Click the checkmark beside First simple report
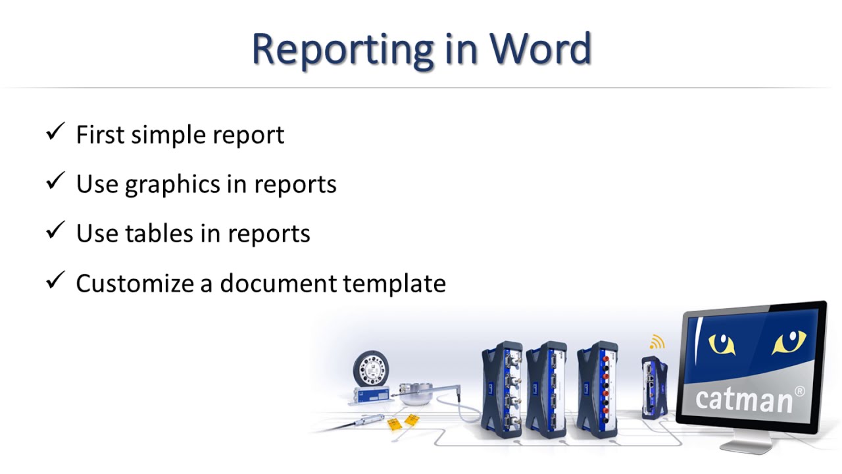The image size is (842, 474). pyautogui.click(x=55, y=133)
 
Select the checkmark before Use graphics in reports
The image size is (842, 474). pyautogui.click(x=55, y=182)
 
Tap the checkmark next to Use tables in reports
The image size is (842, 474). pyautogui.click(x=55, y=232)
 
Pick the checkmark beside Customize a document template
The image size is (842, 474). pyautogui.click(x=55, y=282)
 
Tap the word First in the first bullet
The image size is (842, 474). pyautogui.click(x=99, y=134)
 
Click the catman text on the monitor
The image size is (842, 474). pyautogui.click(x=743, y=399)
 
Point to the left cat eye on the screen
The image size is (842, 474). pyautogui.click(x=721, y=343)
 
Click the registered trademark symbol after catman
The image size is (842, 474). pyautogui.click(x=800, y=391)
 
